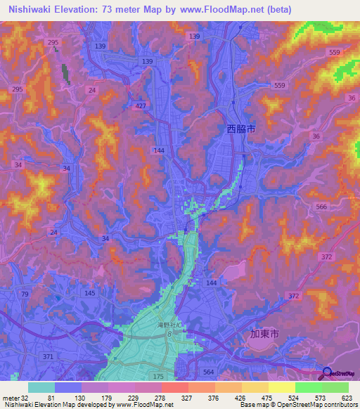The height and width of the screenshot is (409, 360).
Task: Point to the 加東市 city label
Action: point(264,334)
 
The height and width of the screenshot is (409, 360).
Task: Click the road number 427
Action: point(141,106)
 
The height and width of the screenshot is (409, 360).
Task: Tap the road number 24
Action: point(92,90)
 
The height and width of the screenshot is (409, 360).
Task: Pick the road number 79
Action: point(25,293)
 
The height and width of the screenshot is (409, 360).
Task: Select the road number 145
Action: point(89,292)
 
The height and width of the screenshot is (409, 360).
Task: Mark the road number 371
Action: point(47,338)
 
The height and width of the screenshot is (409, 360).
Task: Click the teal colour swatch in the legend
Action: point(41,387)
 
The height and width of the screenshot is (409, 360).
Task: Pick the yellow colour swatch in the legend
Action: point(282,387)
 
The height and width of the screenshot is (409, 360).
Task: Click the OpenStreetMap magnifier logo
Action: point(326,374)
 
